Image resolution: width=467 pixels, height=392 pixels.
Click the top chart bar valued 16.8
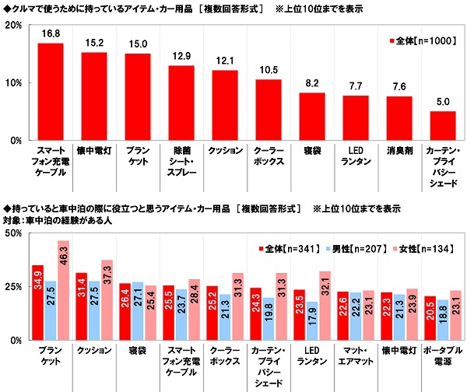51,92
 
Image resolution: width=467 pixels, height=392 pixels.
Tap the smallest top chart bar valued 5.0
443,126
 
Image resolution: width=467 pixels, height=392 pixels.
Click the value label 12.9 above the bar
181,58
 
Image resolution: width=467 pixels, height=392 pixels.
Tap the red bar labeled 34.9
37,303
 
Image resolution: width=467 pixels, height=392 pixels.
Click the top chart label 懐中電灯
94,148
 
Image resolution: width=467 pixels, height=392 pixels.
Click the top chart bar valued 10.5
269,110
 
